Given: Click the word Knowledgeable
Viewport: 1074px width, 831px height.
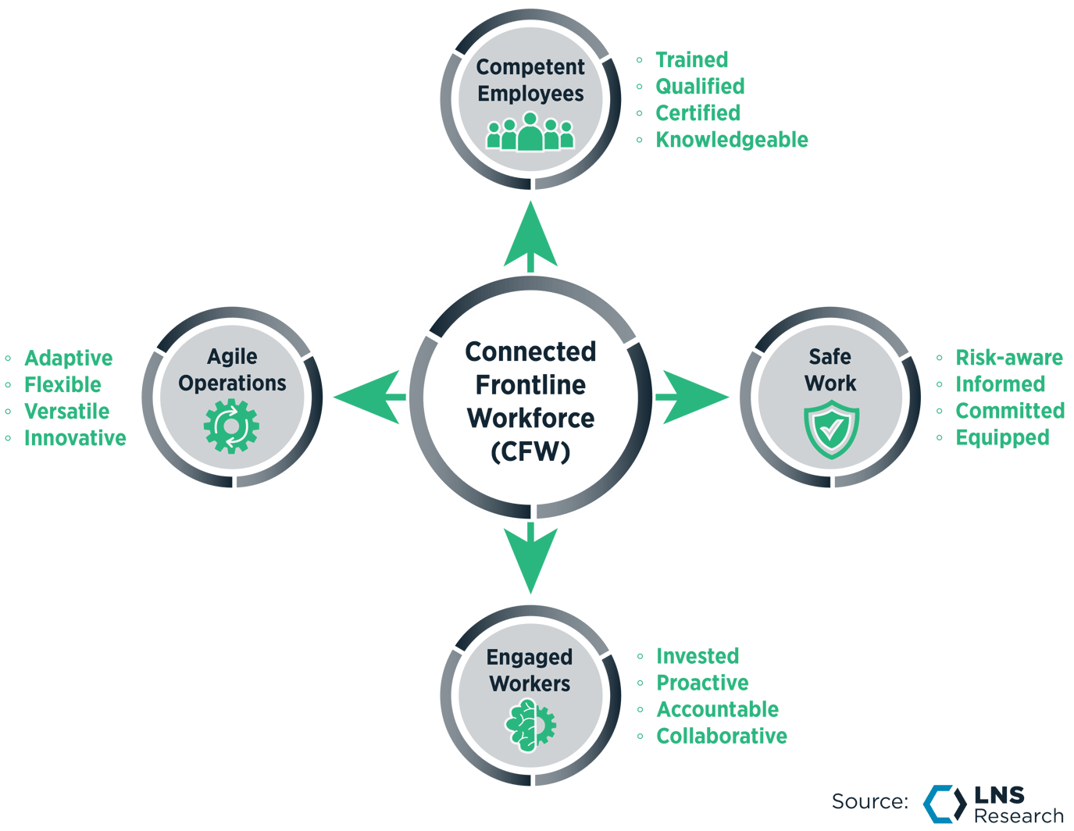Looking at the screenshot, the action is click(x=731, y=141).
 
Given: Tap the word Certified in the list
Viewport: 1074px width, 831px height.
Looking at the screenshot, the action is click(x=698, y=113).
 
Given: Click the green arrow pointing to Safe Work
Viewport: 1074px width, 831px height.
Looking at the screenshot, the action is click(x=692, y=397).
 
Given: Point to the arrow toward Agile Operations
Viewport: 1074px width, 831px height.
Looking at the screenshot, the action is click(x=369, y=397).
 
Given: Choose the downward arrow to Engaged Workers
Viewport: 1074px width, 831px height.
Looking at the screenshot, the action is click(x=530, y=558).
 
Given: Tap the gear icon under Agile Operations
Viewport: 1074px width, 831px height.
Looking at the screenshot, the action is click(x=231, y=426).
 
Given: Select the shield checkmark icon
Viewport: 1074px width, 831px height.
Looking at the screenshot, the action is click(x=831, y=430).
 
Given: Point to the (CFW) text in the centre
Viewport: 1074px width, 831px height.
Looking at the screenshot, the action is click(x=530, y=451).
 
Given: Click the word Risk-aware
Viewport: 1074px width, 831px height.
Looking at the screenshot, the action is click(x=1008, y=357).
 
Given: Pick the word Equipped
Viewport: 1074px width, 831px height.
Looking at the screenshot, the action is click(x=1002, y=437).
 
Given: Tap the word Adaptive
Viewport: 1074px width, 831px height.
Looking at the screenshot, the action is click(x=69, y=358).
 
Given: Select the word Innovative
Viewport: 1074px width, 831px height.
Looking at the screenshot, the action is click(x=75, y=437).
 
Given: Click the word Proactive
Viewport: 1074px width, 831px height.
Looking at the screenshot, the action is click(x=702, y=683).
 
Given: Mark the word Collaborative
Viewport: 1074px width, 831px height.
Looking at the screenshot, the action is click(x=722, y=736).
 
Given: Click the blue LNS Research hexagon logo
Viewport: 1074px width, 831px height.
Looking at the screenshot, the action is click(x=945, y=804).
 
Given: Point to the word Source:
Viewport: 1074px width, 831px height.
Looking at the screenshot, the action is click(x=870, y=801).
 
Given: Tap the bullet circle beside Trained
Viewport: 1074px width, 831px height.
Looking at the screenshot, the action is click(x=639, y=60).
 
